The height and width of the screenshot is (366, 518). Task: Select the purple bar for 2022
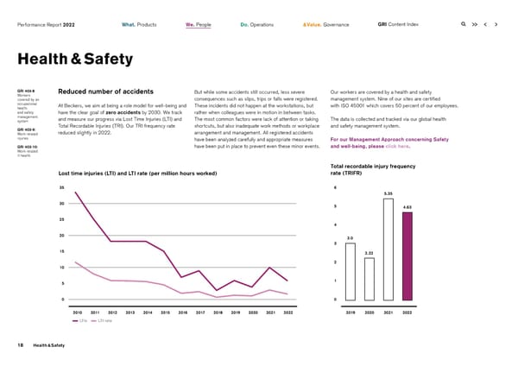tap(407, 256)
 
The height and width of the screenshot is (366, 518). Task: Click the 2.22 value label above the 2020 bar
tap(369, 252)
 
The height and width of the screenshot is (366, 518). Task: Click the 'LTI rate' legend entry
tap(104, 320)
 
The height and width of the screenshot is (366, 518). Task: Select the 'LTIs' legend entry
tap(80, 320)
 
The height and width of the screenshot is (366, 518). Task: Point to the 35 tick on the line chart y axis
tap(62, 187)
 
